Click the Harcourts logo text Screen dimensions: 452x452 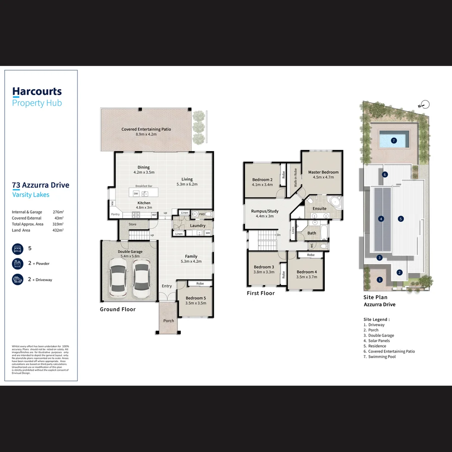pyautogui.click(x=37, y=92)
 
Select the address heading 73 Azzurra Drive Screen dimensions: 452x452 pyautogui.click(x=41, y=185)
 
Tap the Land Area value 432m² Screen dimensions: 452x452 pyautogui.click(x=58, y=230)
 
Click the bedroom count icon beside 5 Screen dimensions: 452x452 pyautogui.click(x=18, y=249)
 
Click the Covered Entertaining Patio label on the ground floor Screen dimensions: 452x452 pyautogui.click(x=146, y=129)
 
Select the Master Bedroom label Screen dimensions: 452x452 pyautogui.click(x=323, y=172)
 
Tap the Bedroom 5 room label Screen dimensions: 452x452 pyautogui.click(x=196, y=298)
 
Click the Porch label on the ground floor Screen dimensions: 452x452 pyautogui.click(x=169, y=321)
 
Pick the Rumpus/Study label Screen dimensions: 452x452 pyautogui.click(x=265, y=211)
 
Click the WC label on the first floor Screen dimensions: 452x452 pyautogui.click(x=311, y=246)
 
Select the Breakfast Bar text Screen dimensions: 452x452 pyautogui.click(x=144, y=186)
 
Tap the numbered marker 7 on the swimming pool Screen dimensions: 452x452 pyautogui.click(x=393, y=141)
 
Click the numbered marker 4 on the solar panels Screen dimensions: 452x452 pyautogui.click(x=381, y=218)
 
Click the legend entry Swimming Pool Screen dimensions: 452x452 pyautogui.click(x=382, y=357)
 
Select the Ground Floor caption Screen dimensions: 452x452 pyautogui.click(x=118, y=309)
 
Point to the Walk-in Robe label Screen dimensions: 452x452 pyautogui.click(x=295, y=177)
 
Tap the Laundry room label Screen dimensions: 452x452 pyautogui.click(x=198, y=226)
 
